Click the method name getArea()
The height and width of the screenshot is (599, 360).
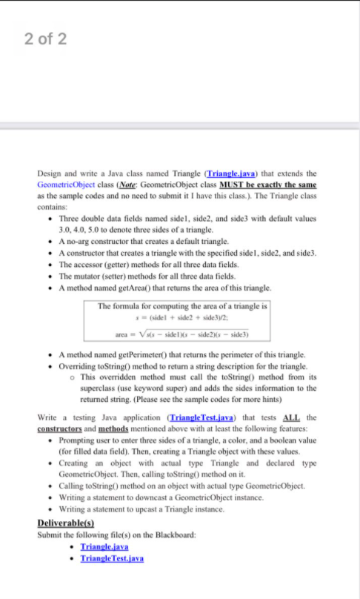tap(130, 285)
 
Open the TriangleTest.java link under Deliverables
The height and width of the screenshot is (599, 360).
tap(112, 557)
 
